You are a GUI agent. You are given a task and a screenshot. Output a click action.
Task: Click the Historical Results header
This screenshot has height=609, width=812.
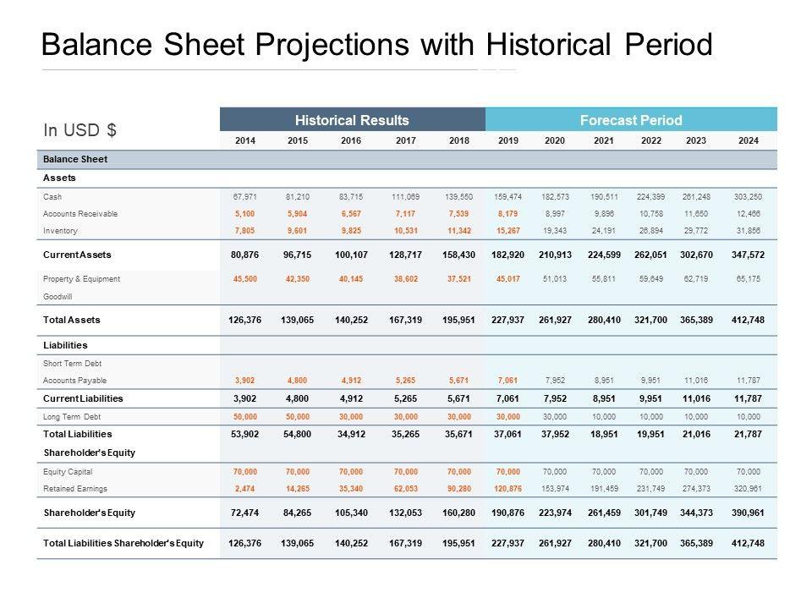[x=352, y=120]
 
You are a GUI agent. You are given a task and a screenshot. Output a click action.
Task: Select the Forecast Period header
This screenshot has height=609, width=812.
[x=631, y=120]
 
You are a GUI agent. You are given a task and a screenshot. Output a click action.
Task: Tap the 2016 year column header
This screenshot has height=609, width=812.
[x=351, y=140]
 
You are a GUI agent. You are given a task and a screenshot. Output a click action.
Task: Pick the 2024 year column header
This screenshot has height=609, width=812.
[x=748, y=140]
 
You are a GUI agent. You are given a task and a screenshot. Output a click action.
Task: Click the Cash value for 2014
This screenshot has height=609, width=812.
[x=244, y=196]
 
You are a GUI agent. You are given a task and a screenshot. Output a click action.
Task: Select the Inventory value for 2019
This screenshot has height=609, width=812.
[x=505, y=231]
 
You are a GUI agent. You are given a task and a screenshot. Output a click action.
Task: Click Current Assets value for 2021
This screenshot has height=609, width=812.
[x=603, y=255]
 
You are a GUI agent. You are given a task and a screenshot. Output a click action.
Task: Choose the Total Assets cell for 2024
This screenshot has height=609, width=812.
[x=748, y=321]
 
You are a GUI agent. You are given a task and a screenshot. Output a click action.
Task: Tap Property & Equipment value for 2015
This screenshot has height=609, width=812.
[x=297, y=279]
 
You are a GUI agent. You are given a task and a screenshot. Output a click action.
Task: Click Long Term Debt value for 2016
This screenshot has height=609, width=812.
[x=351, y=417]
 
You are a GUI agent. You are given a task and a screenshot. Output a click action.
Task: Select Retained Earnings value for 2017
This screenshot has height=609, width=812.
[x=406, y=489]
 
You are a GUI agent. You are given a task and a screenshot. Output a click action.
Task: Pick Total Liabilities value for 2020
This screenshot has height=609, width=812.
[x=555, y=434]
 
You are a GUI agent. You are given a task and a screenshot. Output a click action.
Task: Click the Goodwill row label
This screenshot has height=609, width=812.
[x=58, y=297]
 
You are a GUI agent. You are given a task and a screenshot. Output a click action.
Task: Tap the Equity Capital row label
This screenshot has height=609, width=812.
[x=68, y=471]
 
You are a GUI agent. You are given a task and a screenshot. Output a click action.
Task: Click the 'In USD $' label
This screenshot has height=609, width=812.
[x=80, y=130]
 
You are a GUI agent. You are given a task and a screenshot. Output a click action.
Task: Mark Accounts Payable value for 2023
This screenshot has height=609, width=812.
[x=699, y=381]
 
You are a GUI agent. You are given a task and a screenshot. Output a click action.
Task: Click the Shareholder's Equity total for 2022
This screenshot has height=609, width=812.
[x=651, y=513]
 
